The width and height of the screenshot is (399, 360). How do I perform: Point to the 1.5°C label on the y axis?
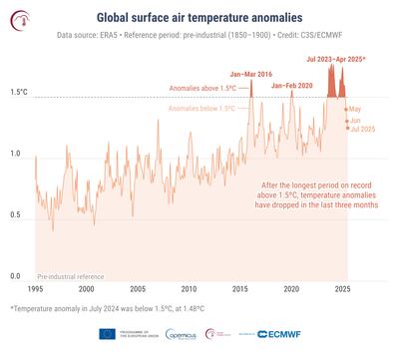click(18, 92)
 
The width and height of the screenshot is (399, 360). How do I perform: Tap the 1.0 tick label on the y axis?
click(17, 153)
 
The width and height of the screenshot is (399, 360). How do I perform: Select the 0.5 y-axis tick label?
click(17, 214)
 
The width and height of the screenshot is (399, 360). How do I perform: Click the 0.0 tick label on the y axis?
click(17, 275)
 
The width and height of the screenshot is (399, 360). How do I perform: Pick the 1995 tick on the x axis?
click(36, 289)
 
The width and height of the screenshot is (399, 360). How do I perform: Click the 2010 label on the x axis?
click(189, 289)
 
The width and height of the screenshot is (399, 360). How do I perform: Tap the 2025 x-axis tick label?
click(342, 289)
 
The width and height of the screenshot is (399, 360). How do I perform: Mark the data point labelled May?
click(346, 108)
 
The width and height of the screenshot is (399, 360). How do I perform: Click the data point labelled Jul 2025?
click(348, 128)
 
